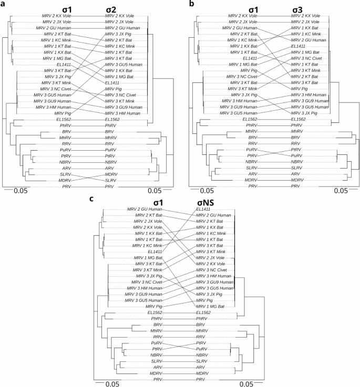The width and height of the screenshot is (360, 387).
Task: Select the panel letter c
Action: pos(93,199)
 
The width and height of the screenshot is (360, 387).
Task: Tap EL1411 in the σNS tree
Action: pos(204,210)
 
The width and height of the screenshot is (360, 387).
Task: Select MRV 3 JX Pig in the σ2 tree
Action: pos(120,33)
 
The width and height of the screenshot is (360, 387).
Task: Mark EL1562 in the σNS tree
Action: pos(204,312)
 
